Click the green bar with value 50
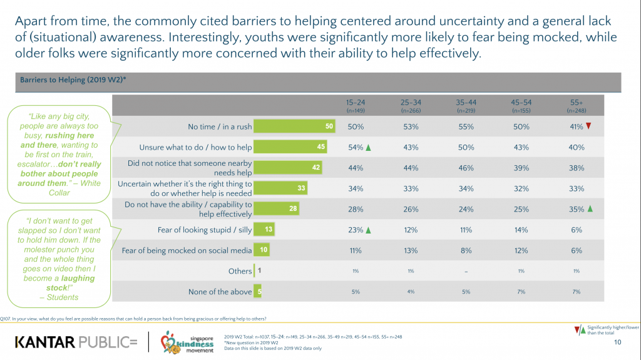click(x=295, y=126)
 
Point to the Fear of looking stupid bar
click(x=264, y=230)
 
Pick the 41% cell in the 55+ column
click(x=575, y=126)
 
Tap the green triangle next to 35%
click(x=590, y=209)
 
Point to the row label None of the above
click(x=220, y=292)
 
